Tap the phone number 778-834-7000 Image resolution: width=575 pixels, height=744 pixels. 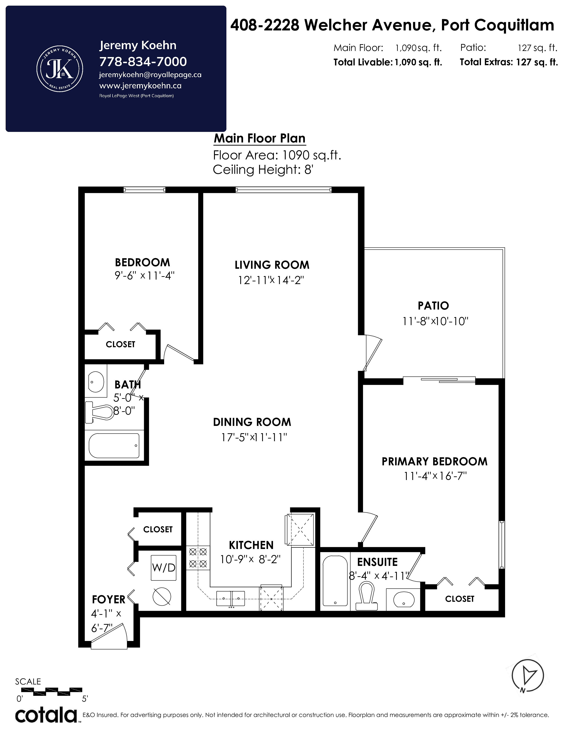(143, 62)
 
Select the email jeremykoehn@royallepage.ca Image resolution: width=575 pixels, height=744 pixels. (150, 75)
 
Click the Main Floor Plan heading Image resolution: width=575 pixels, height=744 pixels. (260, 138)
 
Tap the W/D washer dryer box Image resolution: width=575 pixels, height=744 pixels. (163, 567)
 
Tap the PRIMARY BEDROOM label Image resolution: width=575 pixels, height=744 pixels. (434, 462)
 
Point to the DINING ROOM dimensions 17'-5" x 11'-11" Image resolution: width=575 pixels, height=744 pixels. (254, 437)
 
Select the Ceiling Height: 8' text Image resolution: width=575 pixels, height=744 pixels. (263, 169)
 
